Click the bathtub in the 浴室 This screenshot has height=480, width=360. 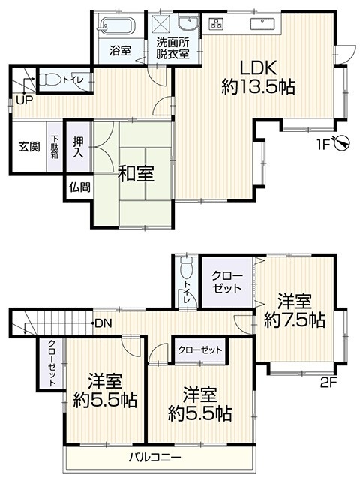click(117, 24)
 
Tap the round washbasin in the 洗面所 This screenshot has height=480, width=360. click(188, 23)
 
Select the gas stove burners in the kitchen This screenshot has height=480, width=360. click(217, 23)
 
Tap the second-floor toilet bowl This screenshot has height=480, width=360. click(186, 267)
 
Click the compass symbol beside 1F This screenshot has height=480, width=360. click(342, 142)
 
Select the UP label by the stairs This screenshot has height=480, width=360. click(24, 100)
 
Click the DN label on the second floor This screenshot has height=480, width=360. click(103, 323)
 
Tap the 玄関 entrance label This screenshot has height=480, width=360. click(29, 147)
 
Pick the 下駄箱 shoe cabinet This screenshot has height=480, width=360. click(55, 147)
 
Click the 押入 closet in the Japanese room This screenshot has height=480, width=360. click(78, 147)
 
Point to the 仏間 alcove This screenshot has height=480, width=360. click(79, 187)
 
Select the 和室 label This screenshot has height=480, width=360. click(136, 174)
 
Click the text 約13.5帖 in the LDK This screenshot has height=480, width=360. click(258, 87)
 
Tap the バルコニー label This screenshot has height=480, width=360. click(155, 457)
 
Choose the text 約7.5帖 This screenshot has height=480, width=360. click(295, 320)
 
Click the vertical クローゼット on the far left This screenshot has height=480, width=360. click(52, 363)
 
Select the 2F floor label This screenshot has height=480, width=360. click(328, 382)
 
